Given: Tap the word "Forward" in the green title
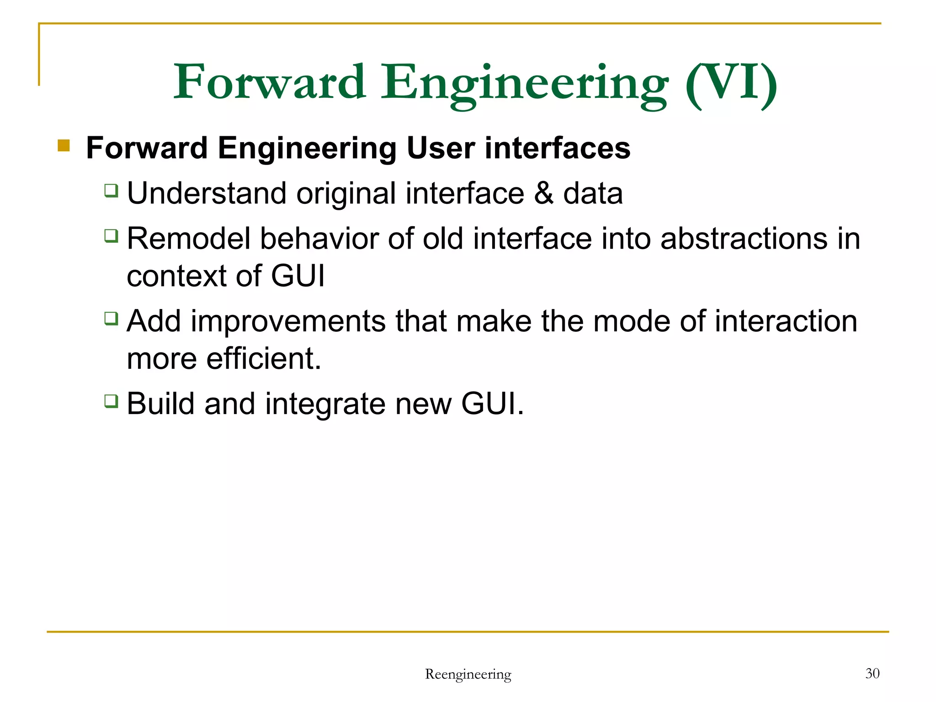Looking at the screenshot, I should [x=270, y=82].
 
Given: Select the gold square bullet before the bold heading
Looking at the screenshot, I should [x=64, y=146].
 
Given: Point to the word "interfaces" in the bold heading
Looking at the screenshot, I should [x=557, y=148].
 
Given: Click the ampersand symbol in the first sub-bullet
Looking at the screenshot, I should [x=543, y=193].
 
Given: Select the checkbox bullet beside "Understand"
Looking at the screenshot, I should [x=111, y=190].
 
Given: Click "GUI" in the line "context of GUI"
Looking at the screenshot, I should [x=298, y=276].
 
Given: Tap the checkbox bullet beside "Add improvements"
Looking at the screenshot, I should [x=111, y=318].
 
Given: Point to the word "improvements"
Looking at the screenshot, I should [x=288, y=321].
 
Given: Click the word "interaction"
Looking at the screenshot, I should [x=786, y=321].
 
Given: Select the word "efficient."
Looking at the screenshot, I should [x=264, y=358].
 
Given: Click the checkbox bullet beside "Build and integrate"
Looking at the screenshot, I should [x=111, y=401].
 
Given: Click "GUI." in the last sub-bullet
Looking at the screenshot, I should [x=492, y=404].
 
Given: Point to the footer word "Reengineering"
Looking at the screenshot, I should [x=468, y=674].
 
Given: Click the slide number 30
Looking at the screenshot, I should [x=872, y=673].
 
